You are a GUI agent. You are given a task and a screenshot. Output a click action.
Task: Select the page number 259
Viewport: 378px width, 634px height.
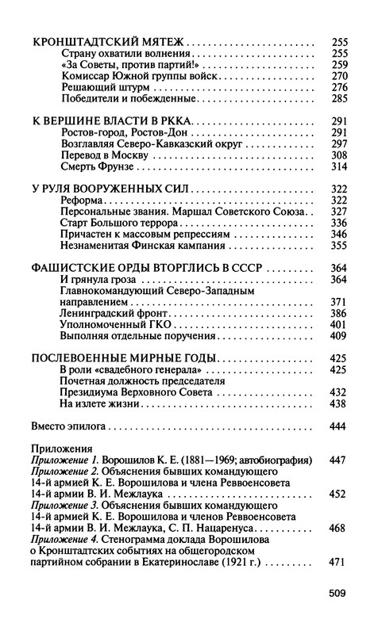[x=338, y=63]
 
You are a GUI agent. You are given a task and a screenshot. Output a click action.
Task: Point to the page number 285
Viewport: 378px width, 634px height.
[x=338, y=99]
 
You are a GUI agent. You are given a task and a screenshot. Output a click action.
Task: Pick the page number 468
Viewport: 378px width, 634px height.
[x=338, y=528]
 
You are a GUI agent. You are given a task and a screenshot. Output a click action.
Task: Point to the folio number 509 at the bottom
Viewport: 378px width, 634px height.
[x=339, y=591]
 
